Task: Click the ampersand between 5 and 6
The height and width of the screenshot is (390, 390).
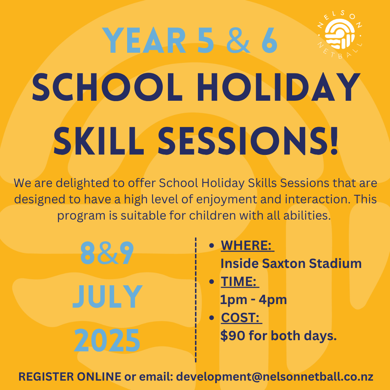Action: click(238, 40)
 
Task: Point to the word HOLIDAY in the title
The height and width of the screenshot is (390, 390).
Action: click(278, 87)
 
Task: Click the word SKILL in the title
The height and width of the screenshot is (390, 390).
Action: click(99, 141)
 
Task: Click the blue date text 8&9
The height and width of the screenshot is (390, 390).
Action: click(107, 253)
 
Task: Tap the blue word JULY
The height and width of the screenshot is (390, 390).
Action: click(108, 297)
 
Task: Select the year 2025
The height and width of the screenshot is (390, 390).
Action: click(107, 340)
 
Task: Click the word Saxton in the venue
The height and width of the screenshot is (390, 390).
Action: click(284, 263)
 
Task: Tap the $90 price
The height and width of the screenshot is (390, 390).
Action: click(233, 335)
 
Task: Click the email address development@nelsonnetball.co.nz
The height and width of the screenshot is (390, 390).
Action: click(274, 377)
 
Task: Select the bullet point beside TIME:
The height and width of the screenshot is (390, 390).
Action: click(212, 282)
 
